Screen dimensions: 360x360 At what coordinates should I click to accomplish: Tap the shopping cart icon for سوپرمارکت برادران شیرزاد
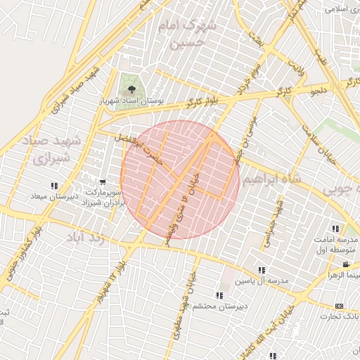coord(104,182)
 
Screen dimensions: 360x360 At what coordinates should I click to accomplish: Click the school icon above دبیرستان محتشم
coord(219,295)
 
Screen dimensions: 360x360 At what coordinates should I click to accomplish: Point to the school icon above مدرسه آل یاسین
coord(262,270)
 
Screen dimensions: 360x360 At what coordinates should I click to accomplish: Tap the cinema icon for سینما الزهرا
coord(345,265)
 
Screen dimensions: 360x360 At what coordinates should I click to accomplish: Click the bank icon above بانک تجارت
coord(339,306)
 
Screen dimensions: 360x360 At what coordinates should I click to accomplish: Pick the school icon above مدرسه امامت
coord(335,229)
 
